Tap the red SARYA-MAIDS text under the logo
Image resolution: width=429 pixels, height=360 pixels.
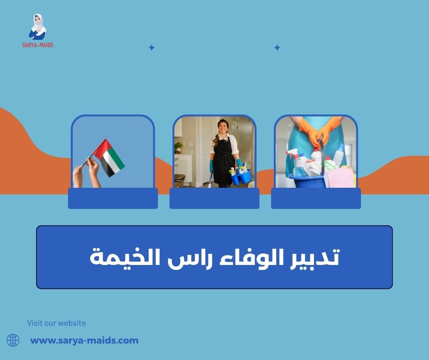pyautogui.click(x=38, y=45)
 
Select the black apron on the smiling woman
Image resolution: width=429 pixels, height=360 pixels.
pyautogui.click(x=224, y=160)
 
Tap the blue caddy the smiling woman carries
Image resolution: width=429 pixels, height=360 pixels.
pyautogui.click(x=241, y=176)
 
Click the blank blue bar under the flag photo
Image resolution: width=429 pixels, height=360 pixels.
pyautogui.click(x=113, y=198)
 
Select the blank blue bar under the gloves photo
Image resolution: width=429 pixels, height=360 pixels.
pyautogui.click(x=316, y=198)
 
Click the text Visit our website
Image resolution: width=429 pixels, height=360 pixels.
pyautogui.click(x=57, y=323)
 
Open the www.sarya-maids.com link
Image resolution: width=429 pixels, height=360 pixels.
pyautogui.click(x=84, y=340)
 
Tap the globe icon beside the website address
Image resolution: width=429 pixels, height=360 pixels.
pyautogui.click(x=13, y=340)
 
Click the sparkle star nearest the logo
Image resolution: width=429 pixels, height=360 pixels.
pyautogui.click(x=152, y=48)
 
